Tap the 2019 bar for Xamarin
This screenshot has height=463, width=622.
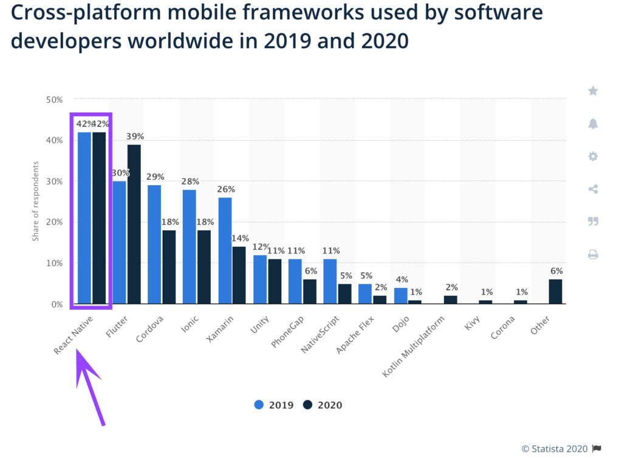click(225, 250)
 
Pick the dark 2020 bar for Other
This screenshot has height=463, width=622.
click(555, 291)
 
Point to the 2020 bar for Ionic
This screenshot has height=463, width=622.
click(204, 267)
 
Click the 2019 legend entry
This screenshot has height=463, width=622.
click(274, 405)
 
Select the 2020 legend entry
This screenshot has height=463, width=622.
click(323, 405)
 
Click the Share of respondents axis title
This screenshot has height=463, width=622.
click(35, 201)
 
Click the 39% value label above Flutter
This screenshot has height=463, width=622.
click(135, 136)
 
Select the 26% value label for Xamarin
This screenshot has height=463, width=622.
click(226, 190)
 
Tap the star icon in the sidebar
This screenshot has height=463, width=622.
click(593, 91)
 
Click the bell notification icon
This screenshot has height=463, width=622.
click(593, 124)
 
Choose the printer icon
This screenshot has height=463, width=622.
click(593, 255)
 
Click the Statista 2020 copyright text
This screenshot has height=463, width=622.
click(555, 448)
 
